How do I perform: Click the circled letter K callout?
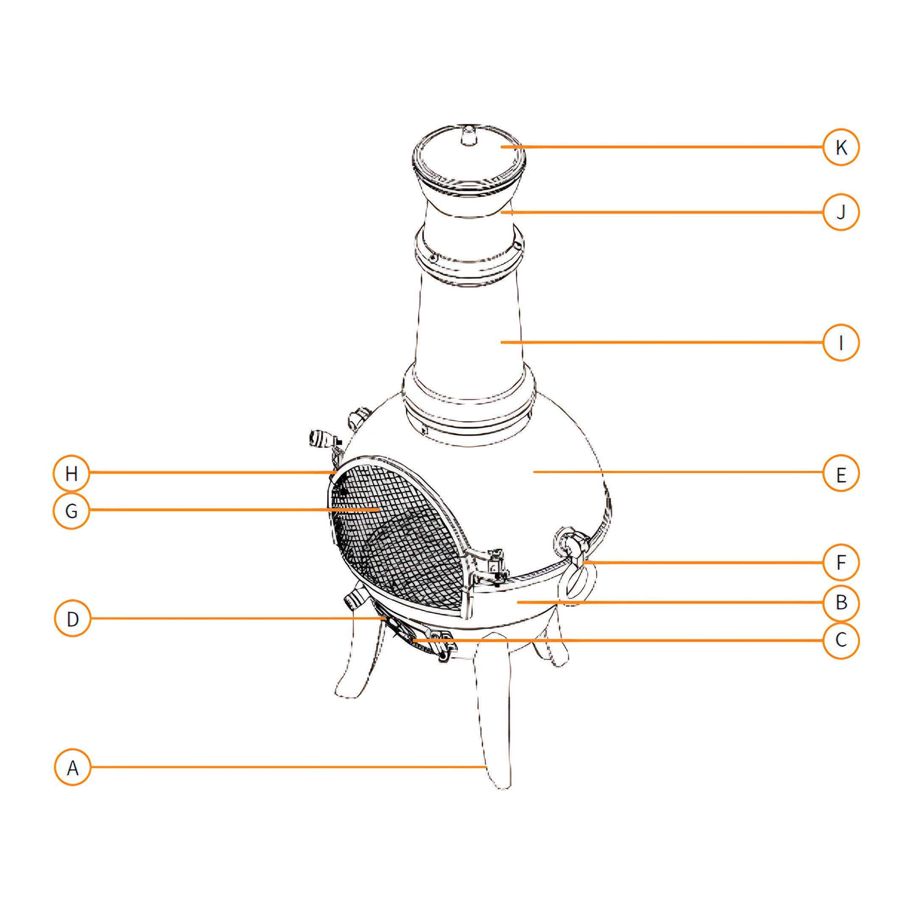(841, 148)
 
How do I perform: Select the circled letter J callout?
(841, 212)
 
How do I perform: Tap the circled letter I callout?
(841, 342)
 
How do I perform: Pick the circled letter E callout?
(841, 474)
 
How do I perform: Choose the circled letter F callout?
(841, 562)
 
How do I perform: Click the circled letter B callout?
(841, 602)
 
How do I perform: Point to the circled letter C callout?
(841, 640)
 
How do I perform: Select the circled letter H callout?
(72, 473)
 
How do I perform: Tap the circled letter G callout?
(72, 511)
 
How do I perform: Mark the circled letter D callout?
(72, 619)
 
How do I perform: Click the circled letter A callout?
(72, 767)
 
